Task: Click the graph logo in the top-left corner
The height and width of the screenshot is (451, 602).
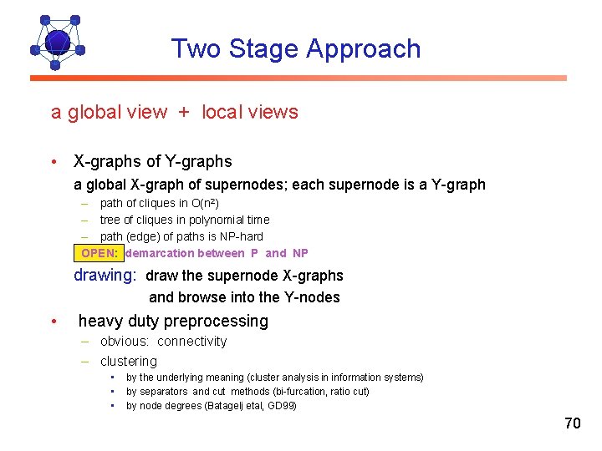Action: [x=57, y=42]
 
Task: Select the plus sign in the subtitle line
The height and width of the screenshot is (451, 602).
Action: [x=183, y=113]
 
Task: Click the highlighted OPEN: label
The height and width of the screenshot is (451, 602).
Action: [x=102, y=253]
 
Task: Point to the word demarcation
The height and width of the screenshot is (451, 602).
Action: [x=160, y=253]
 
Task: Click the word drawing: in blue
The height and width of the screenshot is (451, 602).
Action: [x=105, y=276]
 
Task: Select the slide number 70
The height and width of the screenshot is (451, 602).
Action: [x=572, y=423]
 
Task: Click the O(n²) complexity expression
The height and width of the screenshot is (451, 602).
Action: [x=206, y=203]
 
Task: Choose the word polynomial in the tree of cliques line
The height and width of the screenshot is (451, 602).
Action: [x=211, y=220]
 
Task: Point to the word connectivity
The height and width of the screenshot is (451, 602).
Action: [x=191, y=342]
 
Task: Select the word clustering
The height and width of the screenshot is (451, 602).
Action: [x=129, y=362]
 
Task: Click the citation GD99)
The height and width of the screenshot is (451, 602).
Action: [x=280, y=406]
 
